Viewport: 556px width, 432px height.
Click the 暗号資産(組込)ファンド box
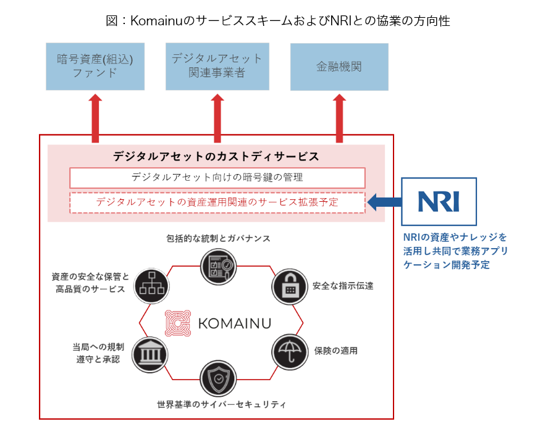(95, 67)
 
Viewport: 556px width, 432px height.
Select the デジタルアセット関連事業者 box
(217, 67)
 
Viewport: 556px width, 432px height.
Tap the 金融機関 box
(339, 67)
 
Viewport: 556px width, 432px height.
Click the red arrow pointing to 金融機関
(339, 118)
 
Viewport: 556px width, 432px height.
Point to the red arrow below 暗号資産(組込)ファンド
(95, 118)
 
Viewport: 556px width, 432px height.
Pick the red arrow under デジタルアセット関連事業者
(217, 118)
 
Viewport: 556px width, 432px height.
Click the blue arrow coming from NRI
(385, 202)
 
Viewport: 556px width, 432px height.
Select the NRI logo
(439, 201)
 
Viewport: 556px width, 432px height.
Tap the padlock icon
(290, 286)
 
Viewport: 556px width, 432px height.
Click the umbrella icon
(290, 352)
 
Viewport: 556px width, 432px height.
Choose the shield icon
(218, 378)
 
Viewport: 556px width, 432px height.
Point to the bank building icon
(150, 354)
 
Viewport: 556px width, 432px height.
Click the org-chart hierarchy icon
(151, 286)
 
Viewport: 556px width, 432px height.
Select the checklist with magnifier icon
(218, 266)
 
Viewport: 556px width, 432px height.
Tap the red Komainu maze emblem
(178, 323)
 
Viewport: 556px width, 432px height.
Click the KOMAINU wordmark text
(235, 323)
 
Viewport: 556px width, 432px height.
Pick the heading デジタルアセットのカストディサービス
(216, 156)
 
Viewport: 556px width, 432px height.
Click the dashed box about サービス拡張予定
(217, 202)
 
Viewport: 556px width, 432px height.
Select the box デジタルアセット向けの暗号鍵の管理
(217, 178)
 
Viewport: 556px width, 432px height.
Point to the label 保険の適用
(336, 351)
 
